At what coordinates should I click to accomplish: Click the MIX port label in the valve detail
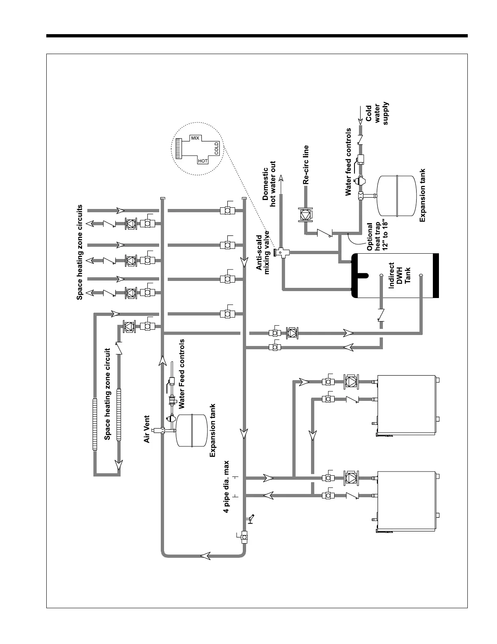coord(195,138)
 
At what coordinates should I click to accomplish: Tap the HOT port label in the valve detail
coord(203,161)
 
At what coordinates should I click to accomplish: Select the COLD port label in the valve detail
coord(216,149)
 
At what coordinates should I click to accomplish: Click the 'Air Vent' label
coord(147,429)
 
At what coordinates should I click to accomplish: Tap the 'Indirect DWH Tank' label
coord(400,278)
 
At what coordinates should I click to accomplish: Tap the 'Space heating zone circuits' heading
coord(80,252)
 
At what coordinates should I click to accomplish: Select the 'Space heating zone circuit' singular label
coord(108,394)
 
